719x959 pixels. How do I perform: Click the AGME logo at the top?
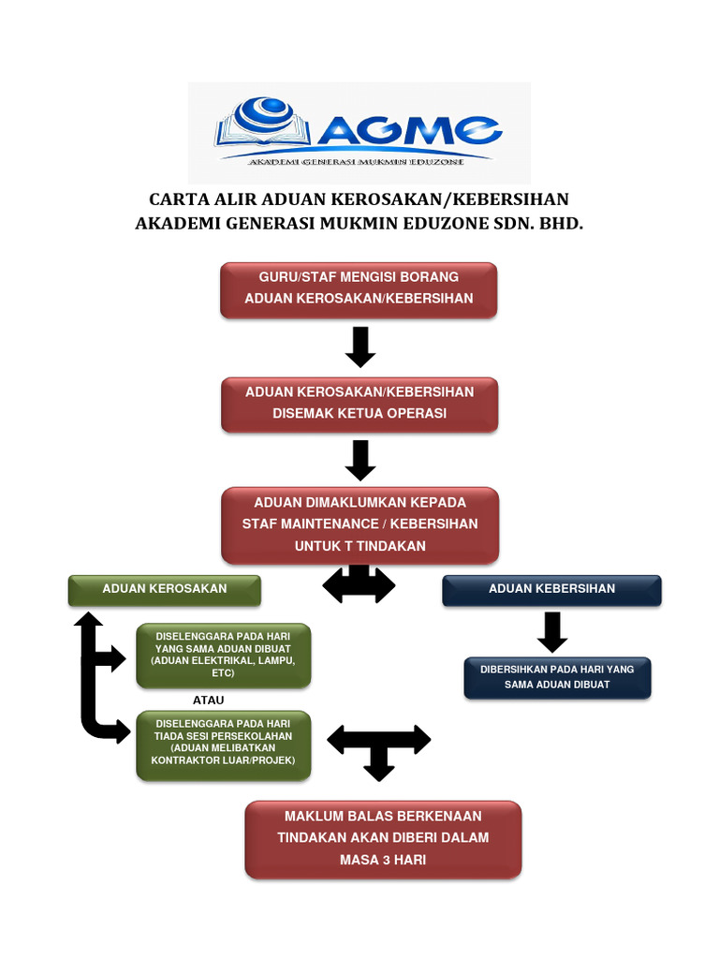[359, 132]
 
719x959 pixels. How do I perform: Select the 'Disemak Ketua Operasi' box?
[359, 404]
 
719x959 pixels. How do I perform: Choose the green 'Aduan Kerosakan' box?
[165, 589]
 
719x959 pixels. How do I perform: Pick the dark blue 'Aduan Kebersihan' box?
[551, 589]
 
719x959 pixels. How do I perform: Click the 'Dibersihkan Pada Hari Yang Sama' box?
[557, 677]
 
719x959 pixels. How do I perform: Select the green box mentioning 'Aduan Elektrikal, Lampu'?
[223, 655]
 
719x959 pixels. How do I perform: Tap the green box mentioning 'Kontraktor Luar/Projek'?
[223, 745]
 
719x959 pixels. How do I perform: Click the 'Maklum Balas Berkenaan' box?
[383, 838]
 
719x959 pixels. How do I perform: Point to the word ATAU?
[208, 701]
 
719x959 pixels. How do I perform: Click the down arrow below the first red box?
[359, 347]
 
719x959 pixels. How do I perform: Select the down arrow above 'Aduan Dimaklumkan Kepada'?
[359, 460]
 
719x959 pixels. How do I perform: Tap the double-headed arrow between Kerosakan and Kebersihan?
[359, 586]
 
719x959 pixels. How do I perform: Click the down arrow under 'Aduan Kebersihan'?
[552, 632]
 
